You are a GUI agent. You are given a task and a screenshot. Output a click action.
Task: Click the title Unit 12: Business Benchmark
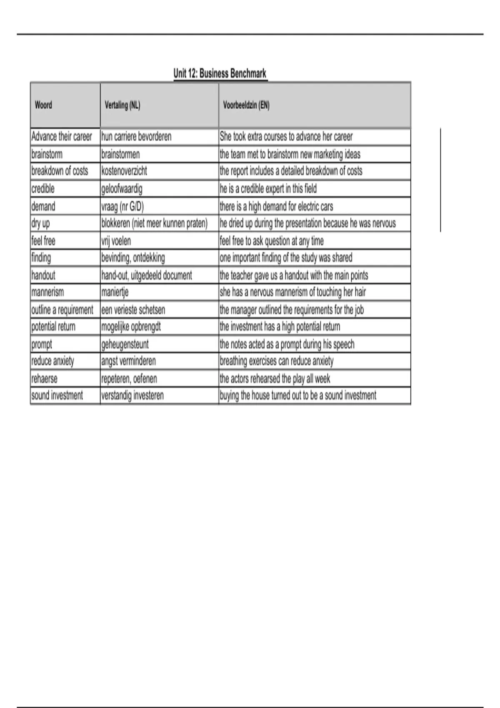pos(220,74)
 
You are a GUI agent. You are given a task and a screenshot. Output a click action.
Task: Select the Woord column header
pos(43,105)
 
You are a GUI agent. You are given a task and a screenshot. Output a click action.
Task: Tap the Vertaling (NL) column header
pos(122,105)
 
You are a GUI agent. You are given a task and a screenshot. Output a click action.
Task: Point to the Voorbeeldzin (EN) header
pos(246,105)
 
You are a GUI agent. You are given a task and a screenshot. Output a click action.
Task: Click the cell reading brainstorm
pos(47,155)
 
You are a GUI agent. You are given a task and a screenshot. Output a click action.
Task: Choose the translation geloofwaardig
pos(122,189)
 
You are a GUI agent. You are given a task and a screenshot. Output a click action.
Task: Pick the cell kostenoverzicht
pos(124,171)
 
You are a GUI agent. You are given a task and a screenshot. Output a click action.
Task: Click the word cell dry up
pos(40,224)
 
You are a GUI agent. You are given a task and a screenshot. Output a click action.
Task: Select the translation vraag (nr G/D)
pos(122,207)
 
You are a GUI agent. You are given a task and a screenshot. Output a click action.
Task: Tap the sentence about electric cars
pos(276,207)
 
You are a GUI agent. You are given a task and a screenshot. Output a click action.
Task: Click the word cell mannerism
pos(47,292)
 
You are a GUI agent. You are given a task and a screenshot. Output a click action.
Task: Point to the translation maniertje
pos(115,292)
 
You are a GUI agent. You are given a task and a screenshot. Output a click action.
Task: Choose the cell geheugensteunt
pos(125,344)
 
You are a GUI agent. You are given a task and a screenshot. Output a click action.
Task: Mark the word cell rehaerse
pos(44,379)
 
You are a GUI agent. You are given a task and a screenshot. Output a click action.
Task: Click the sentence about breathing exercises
pos(277,361)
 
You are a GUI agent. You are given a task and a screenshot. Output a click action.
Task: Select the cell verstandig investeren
pos(132,396)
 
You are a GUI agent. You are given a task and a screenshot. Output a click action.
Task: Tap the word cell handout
pos(43,275)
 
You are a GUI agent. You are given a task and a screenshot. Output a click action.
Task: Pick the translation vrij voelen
pos(116,241)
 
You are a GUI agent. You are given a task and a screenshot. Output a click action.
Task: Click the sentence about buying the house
pos(298,396)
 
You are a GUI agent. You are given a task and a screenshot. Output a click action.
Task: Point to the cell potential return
pos(53,327)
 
